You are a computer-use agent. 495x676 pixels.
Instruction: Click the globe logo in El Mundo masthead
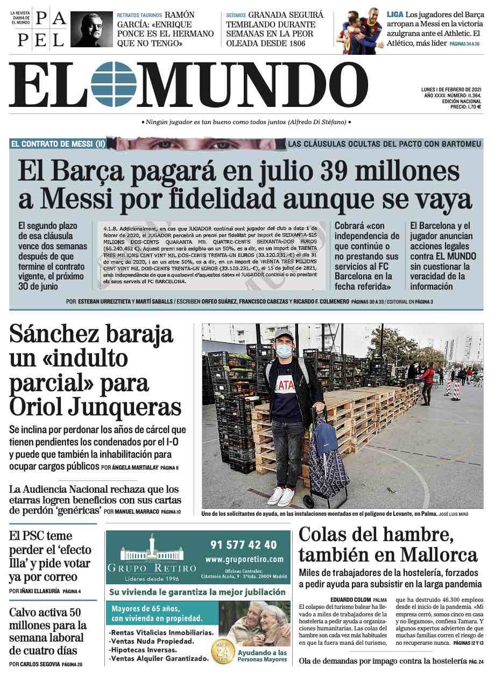click(x=114, y=84)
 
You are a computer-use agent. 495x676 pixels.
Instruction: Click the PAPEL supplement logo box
click(x=50, y=30)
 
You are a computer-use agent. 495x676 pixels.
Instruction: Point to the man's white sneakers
click(x=280, y=495)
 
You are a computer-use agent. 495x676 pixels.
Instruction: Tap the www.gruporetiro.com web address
click(x=244, y=559)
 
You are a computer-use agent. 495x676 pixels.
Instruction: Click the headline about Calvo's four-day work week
click(x=47, y=631)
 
